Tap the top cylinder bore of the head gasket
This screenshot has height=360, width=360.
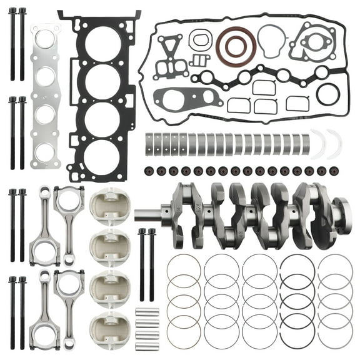coord(102,44)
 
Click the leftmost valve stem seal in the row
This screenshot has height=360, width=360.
coord(148,170)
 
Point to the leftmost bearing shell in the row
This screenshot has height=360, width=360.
coord(149,143)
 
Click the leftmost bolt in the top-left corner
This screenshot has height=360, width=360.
coord(12,44)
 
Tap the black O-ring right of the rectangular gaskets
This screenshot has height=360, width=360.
coord(328,95)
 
